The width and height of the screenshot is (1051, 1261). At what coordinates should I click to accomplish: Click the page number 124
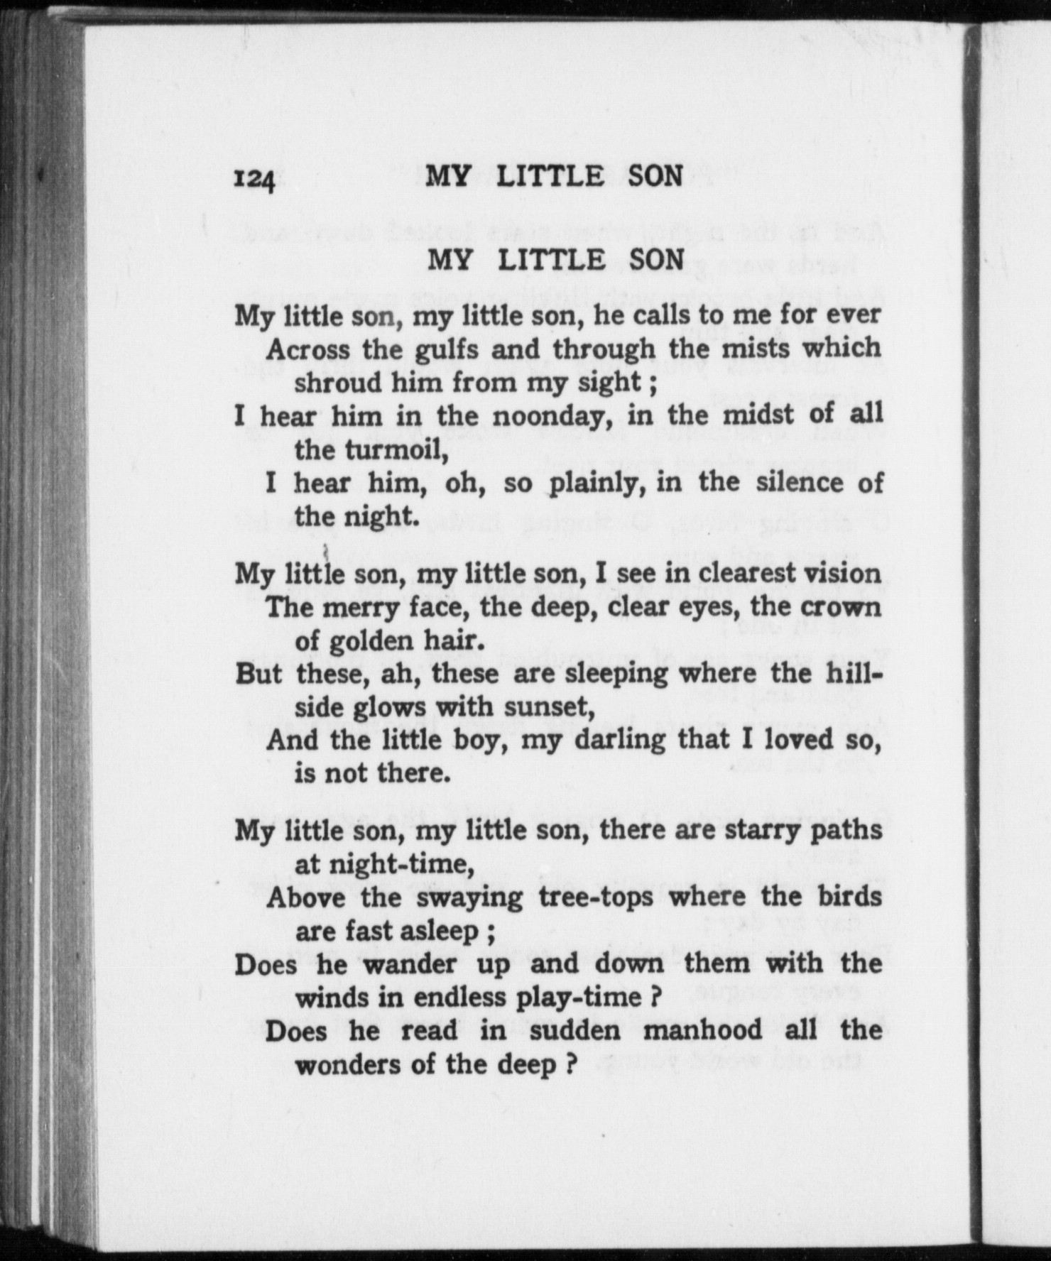pyautogui.click(x=254, y=180)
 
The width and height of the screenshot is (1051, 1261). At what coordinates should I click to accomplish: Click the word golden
pyautogui.click(x=371, y=641)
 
